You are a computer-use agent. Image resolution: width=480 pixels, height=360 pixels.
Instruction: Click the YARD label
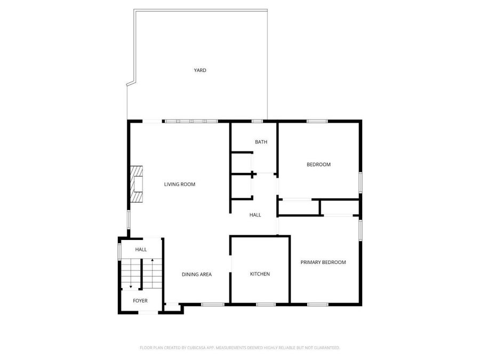point(200,70)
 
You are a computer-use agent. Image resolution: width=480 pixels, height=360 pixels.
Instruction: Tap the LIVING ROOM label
point(179,185)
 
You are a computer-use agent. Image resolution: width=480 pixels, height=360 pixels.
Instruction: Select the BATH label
point(261,142)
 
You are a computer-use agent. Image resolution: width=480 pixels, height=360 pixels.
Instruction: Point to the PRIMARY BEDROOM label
point(323,262)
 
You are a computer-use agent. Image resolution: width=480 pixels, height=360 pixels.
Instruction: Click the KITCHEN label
point(260,274)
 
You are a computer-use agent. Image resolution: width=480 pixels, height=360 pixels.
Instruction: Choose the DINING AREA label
point(196,275)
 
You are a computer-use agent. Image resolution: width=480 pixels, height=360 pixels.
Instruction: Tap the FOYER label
point(140,301)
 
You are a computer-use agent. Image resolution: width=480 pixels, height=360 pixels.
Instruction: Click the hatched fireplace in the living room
point(137,185)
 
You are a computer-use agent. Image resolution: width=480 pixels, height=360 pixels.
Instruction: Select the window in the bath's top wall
point(257,121)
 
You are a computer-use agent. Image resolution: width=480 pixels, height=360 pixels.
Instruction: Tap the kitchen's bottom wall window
point(266,305)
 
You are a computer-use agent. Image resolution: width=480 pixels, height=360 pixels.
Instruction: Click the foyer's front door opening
point(148,312)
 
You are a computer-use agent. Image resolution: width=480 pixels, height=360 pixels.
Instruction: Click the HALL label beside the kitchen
point(255,215)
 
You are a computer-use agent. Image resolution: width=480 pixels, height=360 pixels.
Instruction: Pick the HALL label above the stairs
point(141,250)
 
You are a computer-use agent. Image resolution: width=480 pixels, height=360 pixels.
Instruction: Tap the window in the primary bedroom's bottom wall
point(318,305)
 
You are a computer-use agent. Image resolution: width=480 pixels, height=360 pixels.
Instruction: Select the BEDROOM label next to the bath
point(318,165)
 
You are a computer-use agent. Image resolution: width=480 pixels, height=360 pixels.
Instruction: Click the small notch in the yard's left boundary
point(131,83)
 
